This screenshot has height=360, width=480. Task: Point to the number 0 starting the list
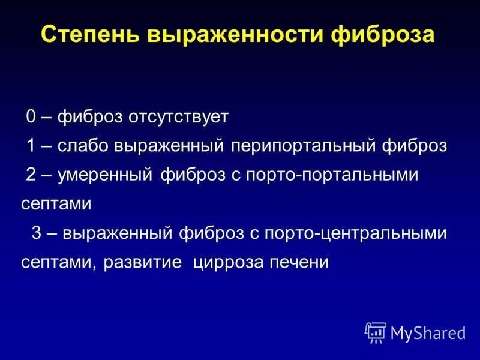click(x=31, y=116)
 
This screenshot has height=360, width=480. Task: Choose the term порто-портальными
click(x=316, y=175)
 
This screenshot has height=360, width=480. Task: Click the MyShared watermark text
click(x=428, y=332)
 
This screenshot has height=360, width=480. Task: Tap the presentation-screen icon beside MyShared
click(x=375, y=332)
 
